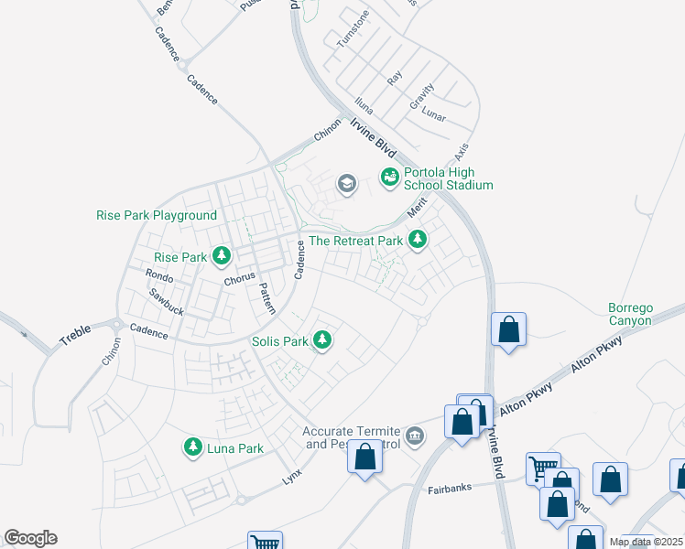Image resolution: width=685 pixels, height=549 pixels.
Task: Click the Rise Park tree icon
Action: pos(221,255)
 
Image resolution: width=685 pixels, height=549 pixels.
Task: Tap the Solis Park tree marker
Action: pos(321,340)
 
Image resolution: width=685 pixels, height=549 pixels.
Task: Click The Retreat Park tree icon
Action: pos(418,240)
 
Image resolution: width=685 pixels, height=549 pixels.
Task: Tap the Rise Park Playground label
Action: pos(157,216)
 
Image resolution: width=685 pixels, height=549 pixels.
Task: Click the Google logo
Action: pos(31,538)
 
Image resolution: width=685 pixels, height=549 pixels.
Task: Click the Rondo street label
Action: pos(159,275)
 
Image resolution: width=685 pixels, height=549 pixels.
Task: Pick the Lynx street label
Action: pos(291,477)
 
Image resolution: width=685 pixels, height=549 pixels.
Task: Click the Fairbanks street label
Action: pos(450,489)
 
